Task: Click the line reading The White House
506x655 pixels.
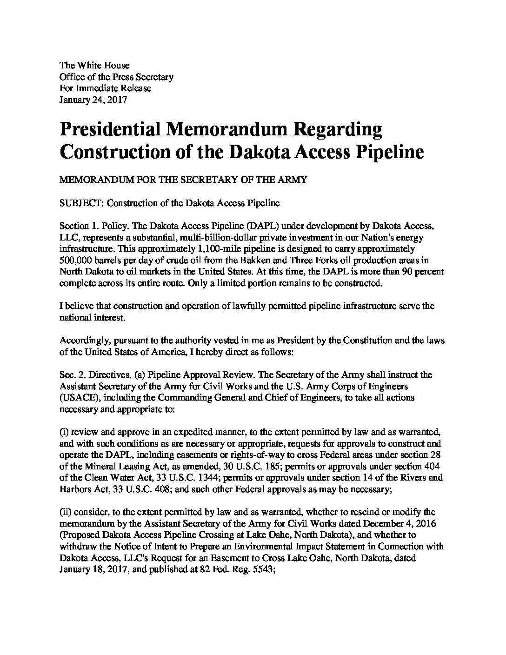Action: (x=94, y=66)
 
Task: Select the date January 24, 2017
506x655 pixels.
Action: (x=93, y=99)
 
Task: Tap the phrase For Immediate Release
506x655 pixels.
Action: (x=106, y=88)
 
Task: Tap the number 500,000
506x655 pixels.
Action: (x=76, y=260)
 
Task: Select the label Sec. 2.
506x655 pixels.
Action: (x=72, y=374)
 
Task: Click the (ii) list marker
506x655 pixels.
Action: (x=65, y=511)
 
